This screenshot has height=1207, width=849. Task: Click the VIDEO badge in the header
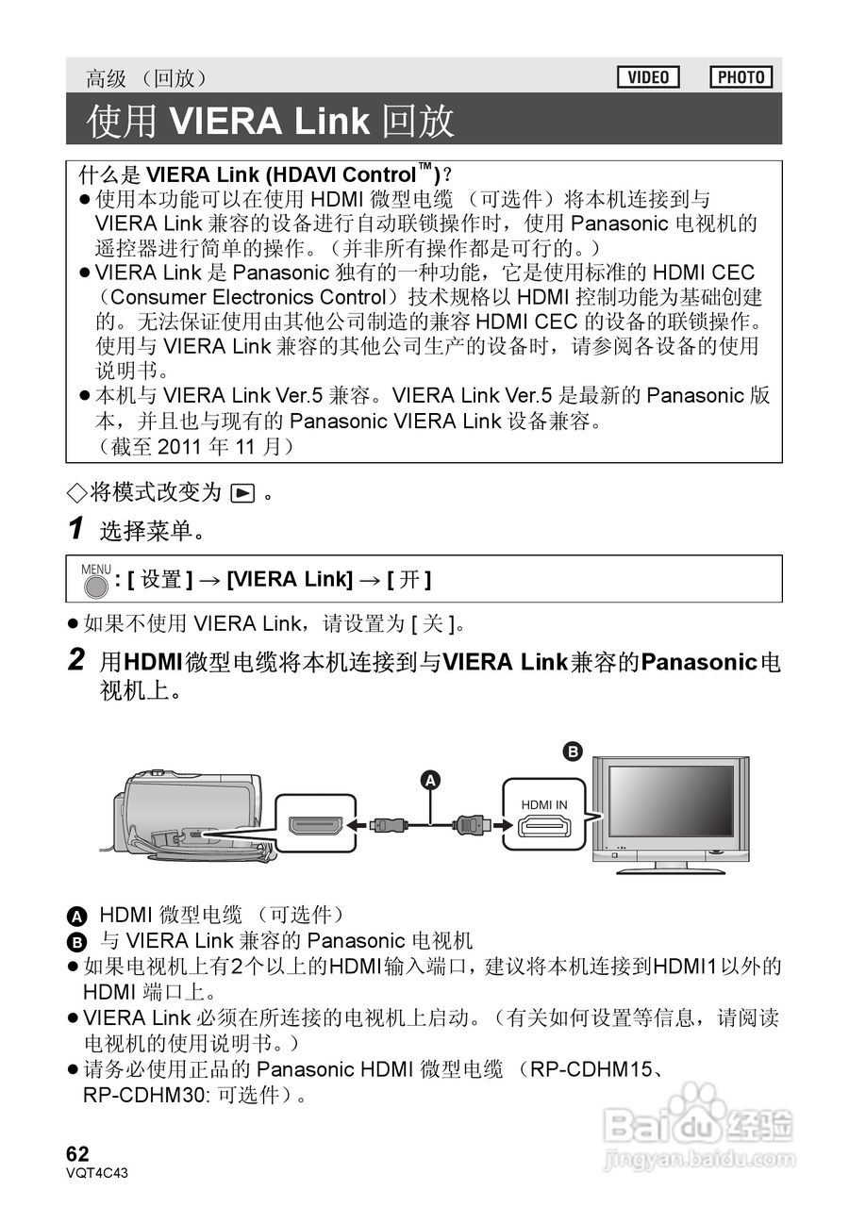pyautogui.click(x=648, y=77)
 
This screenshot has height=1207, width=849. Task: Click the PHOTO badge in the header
pyautogui.click(x=741, y=77)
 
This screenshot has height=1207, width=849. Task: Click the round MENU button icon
pyautogui.click(x=94, y=586)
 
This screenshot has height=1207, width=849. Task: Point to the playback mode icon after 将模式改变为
pyautogui.click(x=242, y=493)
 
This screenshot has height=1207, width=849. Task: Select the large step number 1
pyautogui.click(x=77, y=529)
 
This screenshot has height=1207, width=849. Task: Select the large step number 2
pyautogui.click(x=77, y=660)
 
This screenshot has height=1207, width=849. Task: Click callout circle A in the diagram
pyautogui.click(x=430, y=780)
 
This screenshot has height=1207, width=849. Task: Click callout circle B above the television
pyautogui.click(x=572, y=752)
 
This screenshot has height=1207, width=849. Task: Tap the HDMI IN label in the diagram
pyautogui.click(x=544, y=804)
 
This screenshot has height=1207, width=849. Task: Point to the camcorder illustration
pyautogui.click(x=189, y=816)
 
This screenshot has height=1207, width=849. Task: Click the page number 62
pyautogui.click(x=77, y=1154)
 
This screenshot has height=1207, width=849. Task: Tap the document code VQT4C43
pyautogui.click(x=96, y=1173)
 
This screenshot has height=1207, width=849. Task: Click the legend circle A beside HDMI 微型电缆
pyautogui.click(x=77, y=916)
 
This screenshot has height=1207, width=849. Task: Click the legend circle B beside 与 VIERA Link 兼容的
pyautogui.click(x=77, y=941)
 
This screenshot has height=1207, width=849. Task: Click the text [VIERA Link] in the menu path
pyautogui.click(x=290, y=579)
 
